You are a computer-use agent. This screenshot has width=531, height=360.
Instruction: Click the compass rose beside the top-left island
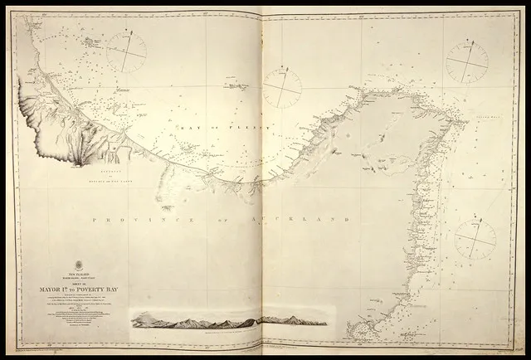coord(127,51)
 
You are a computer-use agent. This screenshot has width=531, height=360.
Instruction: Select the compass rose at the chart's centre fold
coord(282,88)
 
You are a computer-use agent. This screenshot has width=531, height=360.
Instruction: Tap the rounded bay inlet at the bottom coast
coord(357,328)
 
